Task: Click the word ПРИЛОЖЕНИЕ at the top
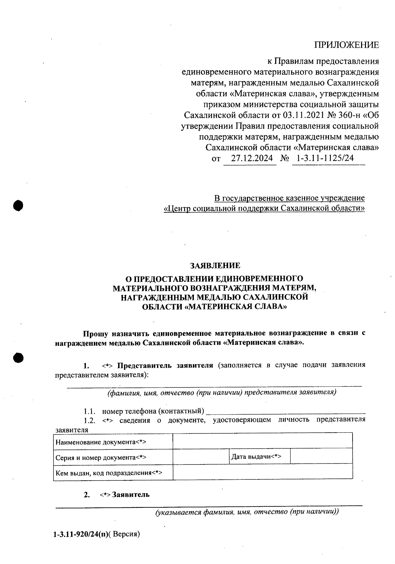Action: (346, 45)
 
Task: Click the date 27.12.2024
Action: (251, 158)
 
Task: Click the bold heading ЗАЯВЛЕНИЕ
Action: (215, 265)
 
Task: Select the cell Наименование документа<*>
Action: (101, 442)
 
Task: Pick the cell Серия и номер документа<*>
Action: (101, 457)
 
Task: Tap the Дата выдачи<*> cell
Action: (256, 456)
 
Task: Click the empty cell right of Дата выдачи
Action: (321, 456)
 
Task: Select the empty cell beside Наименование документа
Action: (262, 441)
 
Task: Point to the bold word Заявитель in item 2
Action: (131, 495)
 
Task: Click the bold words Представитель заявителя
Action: (166, 365)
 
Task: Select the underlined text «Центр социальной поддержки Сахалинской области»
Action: (264, 208)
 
